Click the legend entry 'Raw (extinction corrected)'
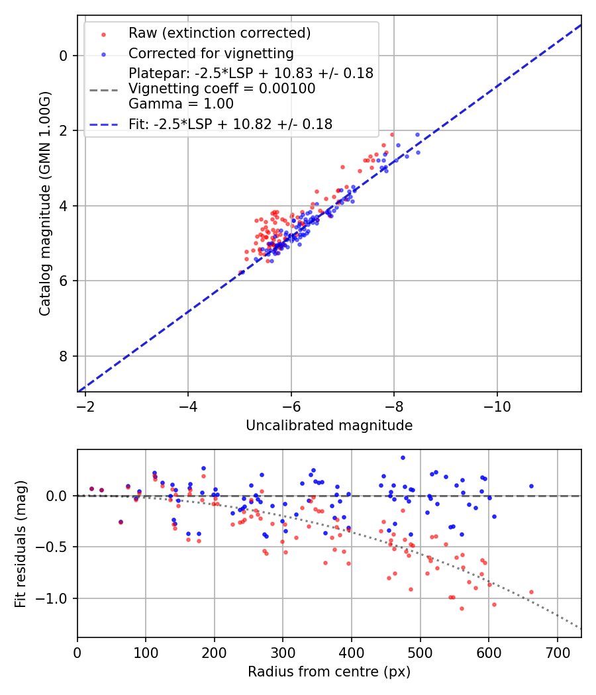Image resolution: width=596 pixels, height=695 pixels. point(219,33)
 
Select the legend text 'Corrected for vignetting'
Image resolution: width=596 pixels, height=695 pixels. point(211,54)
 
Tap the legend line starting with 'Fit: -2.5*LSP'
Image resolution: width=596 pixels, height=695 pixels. point(230,124)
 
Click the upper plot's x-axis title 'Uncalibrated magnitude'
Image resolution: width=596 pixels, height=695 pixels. point(329,426)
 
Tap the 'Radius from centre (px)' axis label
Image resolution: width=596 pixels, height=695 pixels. point(329,672)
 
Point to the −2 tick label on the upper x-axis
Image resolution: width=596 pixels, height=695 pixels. point(85,406)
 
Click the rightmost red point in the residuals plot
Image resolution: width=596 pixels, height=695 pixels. point(531,592)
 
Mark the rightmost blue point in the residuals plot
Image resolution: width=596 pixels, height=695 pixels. point(531,486)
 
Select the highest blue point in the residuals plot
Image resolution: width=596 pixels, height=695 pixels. point(403,457)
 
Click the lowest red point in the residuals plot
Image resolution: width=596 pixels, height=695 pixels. point(462,608)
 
